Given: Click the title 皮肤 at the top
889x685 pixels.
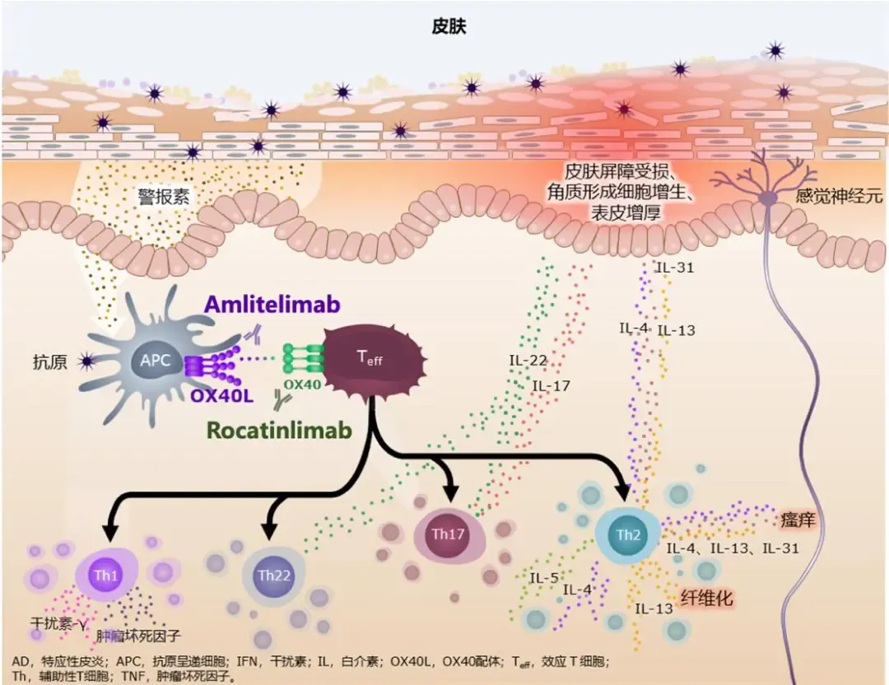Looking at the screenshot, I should click(449, 27).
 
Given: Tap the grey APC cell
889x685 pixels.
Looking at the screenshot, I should click(156, 360).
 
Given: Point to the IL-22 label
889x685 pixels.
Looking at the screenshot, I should click(527, 360).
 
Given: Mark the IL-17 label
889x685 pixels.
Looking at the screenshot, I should click(552, 385).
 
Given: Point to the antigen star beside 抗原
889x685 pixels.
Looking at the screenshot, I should click(86, 360).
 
